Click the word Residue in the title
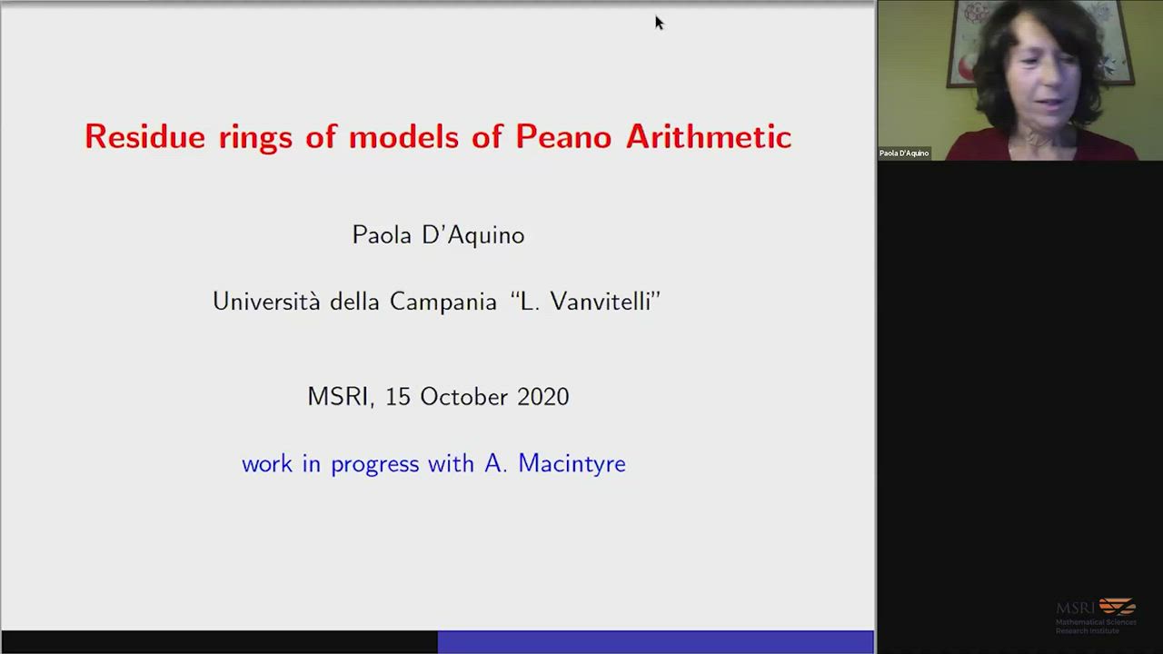click(144, 136)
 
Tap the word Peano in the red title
click(564, 136)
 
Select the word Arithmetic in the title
click(709, 136)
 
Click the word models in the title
click(404, 136)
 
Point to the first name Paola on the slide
click(383, 235)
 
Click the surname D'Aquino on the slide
click(473, 236)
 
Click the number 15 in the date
click(398, 397)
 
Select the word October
click(463, 397)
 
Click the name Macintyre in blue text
click(572, 463)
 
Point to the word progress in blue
click(375, 464)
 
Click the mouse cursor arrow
click(659, 23)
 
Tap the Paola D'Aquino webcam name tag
click(904, 154)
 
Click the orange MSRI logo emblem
click(1118, 606)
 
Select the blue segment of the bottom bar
click(656, 641)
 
